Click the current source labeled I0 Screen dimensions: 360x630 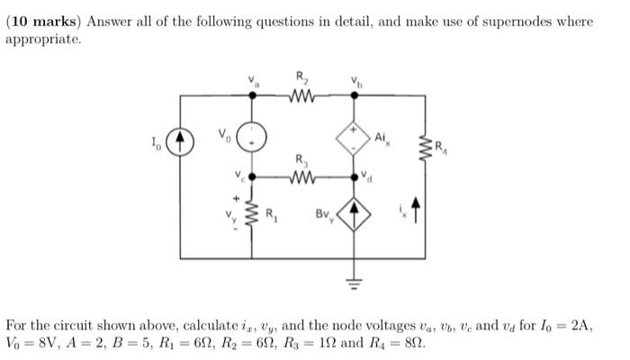[184, 142]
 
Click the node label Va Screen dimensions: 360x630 [252, 80]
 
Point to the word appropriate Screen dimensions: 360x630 [47, 40]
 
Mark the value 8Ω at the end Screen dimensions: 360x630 [414, 342]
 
